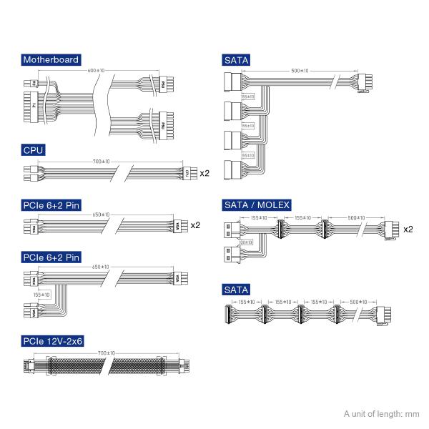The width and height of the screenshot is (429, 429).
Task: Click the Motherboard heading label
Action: tap(50, 60)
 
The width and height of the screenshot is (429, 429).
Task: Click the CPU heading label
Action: tap(34, 149)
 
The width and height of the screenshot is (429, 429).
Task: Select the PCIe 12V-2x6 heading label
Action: tap(54, 342)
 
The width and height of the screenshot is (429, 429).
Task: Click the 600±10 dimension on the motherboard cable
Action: tap(96, 70)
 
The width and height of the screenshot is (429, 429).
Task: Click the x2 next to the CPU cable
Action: tap(204, 174)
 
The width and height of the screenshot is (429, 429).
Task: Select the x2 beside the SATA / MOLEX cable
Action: tap(409, 230)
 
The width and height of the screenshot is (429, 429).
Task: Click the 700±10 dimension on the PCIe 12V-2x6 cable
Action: tap(106, 353)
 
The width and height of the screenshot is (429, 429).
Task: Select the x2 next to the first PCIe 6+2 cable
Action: tap(194, 226)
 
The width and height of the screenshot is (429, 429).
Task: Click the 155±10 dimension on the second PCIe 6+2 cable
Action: tap(41, 294)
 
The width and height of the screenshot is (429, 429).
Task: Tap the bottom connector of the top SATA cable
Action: tap(234, 172)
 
